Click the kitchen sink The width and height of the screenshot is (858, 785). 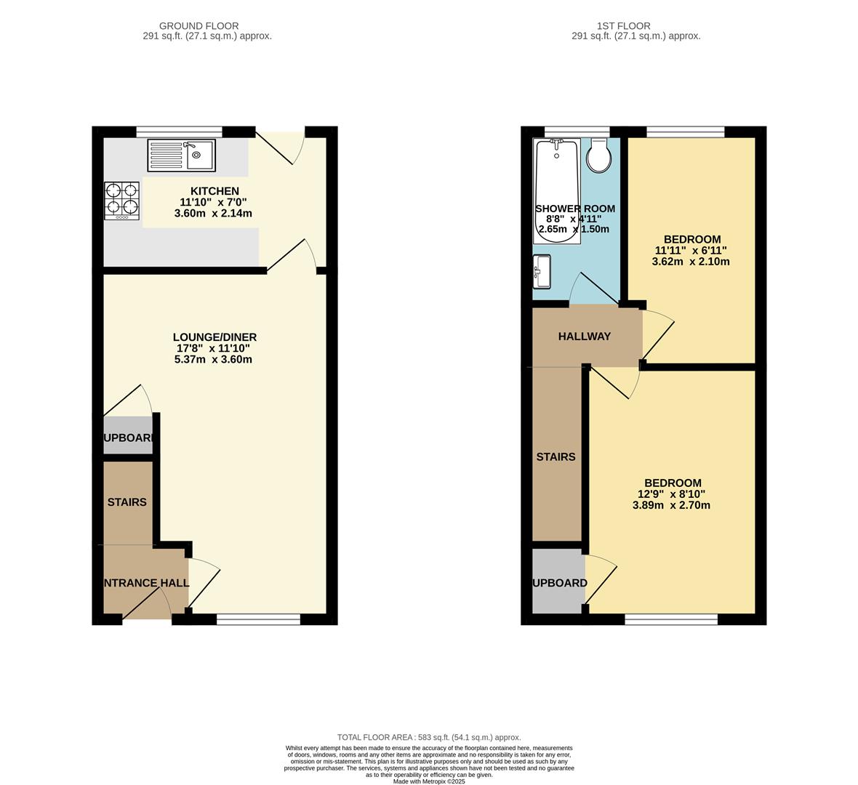(182, 156)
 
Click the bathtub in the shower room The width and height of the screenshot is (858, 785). (558, 190)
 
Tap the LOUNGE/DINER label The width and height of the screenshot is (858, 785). (214, 337)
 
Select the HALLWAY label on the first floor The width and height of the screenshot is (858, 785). (584, 337)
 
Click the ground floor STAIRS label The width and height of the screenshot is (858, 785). (127, 502)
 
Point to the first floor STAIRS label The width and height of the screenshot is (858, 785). (556, 457)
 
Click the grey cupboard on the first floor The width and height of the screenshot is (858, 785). (558, 581)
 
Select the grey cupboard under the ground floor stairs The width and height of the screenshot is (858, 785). (128, 436)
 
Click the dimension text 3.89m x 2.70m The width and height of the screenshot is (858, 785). (671, 505)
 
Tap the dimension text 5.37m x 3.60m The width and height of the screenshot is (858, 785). (214, 359)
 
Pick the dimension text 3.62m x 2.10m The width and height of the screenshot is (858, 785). (691, 262)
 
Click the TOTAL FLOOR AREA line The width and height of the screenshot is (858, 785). (429, 737)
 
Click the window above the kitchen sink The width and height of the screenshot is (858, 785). (179, 132)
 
